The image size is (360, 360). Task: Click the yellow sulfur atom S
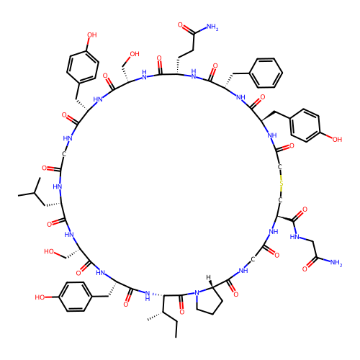tap(282, 184)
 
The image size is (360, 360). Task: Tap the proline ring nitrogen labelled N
tap(197, 293)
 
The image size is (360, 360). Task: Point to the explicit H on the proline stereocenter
tap(208, 277)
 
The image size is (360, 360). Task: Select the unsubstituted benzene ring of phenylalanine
tap(266, 73)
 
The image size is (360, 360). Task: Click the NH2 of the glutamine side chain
tap(212, 27)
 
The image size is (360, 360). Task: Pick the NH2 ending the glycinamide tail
tap(336, 263)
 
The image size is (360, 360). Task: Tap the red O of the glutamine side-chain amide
tap(180, 25)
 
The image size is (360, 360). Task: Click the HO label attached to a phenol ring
tap(40, 297)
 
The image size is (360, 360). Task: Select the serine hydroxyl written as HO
tap(49, 251)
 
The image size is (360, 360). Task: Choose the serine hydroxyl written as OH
tap(135, 54)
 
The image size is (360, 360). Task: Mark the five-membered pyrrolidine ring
tap(208, 300)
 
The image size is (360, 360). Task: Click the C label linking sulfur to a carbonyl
tap(279, 167)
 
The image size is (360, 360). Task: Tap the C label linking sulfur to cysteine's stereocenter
tap(280, 200)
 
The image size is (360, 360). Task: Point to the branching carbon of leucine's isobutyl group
tap(35, 193)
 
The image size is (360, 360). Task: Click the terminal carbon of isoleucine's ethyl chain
tap(176, 338)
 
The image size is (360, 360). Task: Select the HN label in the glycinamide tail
tap(294, 237)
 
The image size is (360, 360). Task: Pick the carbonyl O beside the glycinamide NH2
tap(305, 269)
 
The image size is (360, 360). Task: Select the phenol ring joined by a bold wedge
tap(305, 125)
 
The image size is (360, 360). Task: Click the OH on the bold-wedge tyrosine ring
tap(337, 139)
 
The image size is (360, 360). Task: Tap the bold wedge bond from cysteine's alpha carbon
tap(285, 218)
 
